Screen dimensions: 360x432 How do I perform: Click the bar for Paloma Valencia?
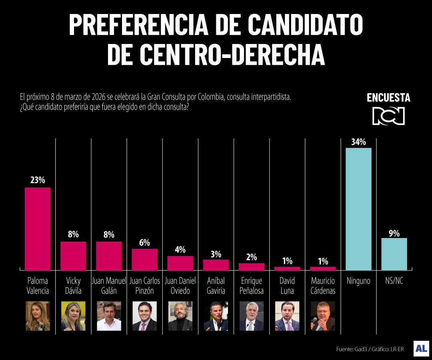38,228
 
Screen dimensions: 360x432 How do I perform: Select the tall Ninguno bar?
358,209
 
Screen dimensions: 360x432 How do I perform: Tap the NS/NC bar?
394,254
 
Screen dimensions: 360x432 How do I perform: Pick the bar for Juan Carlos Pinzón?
144,259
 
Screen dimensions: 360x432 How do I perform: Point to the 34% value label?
358,142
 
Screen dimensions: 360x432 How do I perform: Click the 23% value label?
38,180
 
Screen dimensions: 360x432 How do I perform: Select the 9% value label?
394,233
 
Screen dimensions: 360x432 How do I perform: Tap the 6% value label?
144,243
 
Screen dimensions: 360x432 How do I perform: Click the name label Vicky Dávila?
73,286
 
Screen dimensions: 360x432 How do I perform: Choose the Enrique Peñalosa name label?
252,286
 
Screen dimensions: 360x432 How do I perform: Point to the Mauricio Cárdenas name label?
323,286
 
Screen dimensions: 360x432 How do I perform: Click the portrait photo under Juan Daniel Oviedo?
180,316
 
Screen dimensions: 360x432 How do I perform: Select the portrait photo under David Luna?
287,316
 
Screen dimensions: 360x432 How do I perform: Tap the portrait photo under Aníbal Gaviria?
216,316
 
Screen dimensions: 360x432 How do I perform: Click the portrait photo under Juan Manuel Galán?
109,316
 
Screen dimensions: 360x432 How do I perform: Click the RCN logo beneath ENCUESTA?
388,116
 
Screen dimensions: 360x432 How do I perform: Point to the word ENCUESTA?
388,98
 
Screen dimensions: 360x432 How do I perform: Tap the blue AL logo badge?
421,348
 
